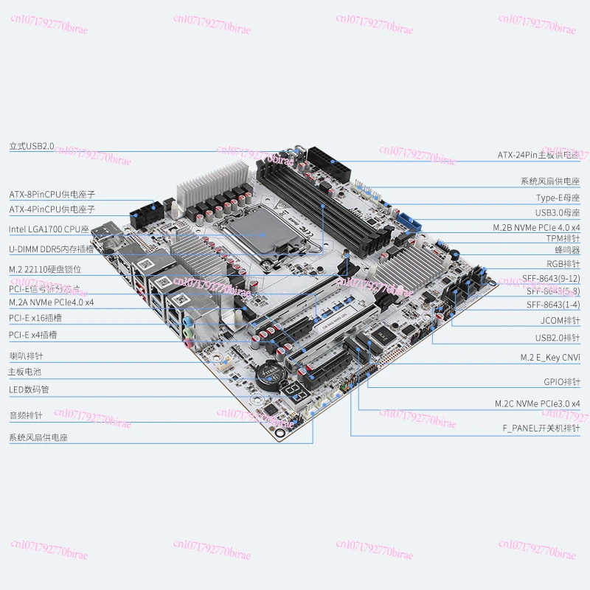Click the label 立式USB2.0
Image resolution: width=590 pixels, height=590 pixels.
point(32,146)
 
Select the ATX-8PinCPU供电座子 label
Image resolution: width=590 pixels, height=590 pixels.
point(52,195)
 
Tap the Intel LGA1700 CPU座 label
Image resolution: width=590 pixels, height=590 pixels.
point(49,229)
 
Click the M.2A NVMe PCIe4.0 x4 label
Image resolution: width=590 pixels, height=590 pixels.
point(52,302)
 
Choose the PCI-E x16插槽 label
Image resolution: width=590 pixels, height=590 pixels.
point(35,318)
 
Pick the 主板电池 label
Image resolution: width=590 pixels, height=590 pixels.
point(24,372)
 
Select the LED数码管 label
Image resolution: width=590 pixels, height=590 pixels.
point(29,389)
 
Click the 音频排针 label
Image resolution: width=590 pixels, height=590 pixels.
point(24,415)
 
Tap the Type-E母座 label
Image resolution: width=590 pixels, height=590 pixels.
point(558,198)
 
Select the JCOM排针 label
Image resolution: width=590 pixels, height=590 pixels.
point(560,321)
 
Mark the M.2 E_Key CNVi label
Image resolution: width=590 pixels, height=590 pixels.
point(549,357)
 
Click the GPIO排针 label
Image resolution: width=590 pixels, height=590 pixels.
point(561,382)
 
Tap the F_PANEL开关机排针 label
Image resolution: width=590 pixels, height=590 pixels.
point(541,428)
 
